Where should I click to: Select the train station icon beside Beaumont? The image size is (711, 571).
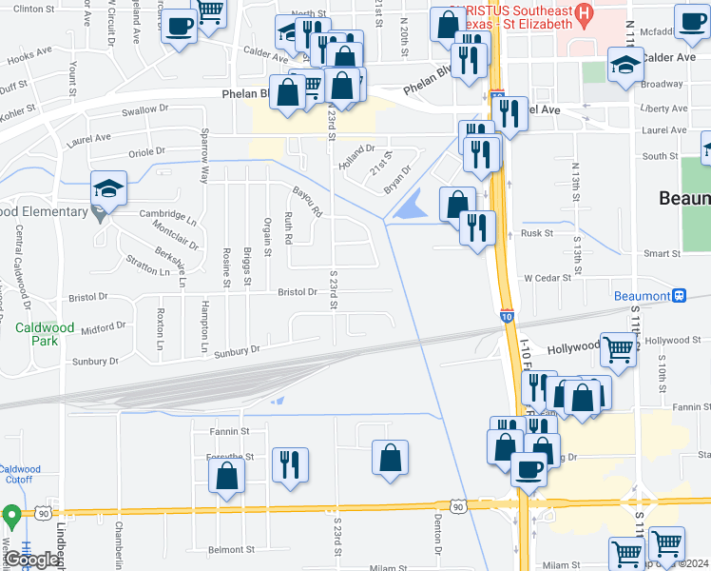[x=679, y=295]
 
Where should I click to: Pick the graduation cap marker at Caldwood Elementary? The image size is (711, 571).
[x=108, y=188]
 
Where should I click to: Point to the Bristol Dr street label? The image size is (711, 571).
[x=298, y=293]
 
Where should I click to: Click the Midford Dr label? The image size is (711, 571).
[x=104, y=327]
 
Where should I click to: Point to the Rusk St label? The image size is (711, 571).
[x=536, y=232]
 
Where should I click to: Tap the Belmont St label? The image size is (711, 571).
[x=232, y=549]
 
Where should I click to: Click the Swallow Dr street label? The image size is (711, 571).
[x=144, y=110]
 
